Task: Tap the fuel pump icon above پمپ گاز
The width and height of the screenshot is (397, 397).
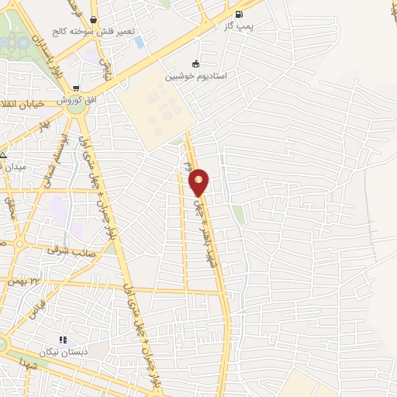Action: pyautogui.click(x=236, y=14)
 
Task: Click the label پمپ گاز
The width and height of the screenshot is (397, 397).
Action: pyautogui.click(x=237, y=26)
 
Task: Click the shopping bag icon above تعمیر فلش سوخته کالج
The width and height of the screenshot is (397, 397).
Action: pyautogui.click(x=94, y=20)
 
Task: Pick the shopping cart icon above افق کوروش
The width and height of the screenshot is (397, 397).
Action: pyautogui.click(x=75, y=88)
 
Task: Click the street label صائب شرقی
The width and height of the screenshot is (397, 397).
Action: pyautogui.click(x=64, y=250)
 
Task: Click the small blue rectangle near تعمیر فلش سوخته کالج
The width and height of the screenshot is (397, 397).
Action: pyautogui.click(x=140, y=41)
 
